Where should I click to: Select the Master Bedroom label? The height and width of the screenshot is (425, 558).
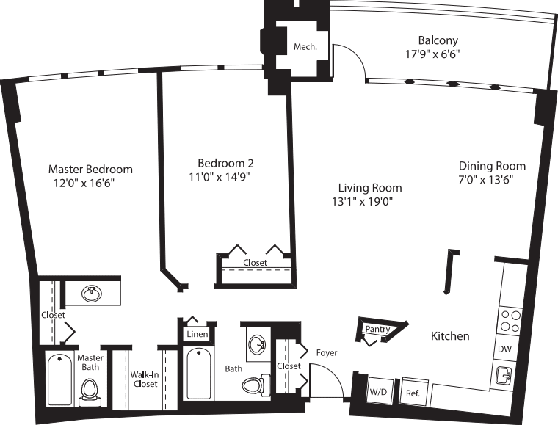[x=90, y=169]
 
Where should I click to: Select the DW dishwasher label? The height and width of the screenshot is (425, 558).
[x=504, y=349]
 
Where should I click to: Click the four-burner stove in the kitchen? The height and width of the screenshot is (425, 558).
[x=510, y=322]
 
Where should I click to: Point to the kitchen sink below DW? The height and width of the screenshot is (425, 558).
[x=505, y=377]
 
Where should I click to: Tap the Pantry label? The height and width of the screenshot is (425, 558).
[x=377, y=330]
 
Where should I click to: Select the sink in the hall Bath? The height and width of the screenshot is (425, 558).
[x=257, y=344]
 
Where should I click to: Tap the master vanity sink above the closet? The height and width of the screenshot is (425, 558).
[x=92, y=294]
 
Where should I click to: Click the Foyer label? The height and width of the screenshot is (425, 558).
[x=327, y=353]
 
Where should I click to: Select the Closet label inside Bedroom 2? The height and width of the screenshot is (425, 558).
[x=255, y=262]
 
